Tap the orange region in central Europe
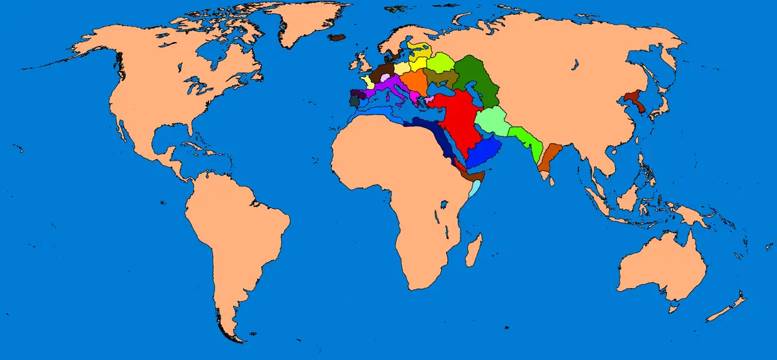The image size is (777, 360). tap(413, 81)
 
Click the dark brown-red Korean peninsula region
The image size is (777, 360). tap(637, 101)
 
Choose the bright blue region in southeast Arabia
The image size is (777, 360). tap(484, 152)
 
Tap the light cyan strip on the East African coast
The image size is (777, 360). tap(476, 189)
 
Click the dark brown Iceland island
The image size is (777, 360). tap(337, 38)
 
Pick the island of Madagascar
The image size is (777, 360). tap(473, 249)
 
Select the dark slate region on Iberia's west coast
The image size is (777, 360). tap(354, 101)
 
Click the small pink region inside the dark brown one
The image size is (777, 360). tap(385, 77)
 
